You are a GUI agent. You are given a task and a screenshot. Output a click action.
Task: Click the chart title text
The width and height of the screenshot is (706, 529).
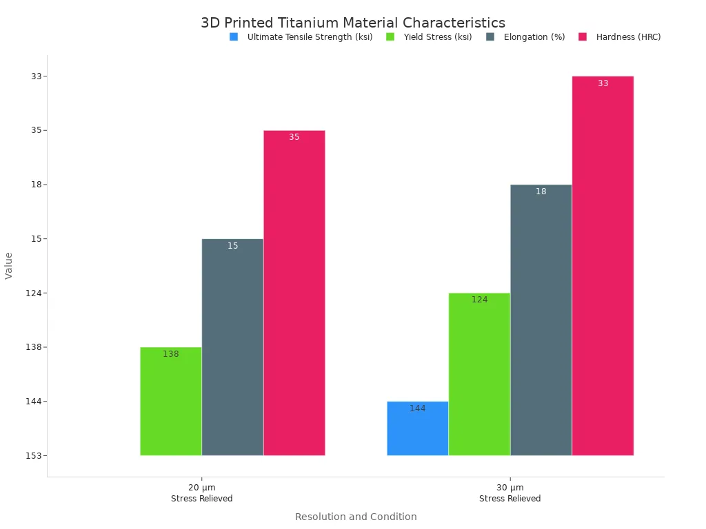[353, 23]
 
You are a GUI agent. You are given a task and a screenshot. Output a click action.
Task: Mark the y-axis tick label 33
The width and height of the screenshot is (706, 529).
[36, 76]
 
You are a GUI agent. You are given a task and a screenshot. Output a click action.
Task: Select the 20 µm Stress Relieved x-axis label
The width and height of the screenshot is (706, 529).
[201, 493]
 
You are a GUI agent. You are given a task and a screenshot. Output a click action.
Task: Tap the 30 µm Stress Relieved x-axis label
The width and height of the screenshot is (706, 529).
[510, 493]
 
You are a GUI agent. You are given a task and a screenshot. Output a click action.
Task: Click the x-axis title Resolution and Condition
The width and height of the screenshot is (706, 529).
[356, 517]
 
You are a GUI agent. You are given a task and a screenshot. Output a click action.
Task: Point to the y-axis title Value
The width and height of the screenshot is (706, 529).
[9, 265]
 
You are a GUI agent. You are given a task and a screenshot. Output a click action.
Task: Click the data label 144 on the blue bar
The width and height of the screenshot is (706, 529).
[417, 408]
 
